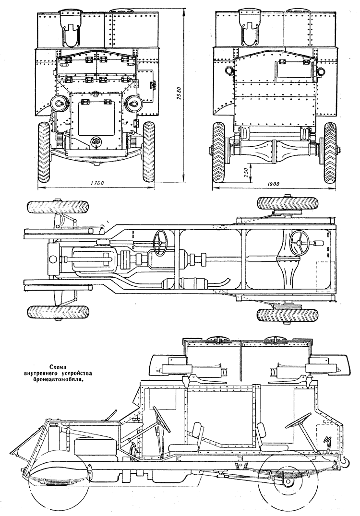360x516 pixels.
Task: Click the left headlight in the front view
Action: [x=58, y=104]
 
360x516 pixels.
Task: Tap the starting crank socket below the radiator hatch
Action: [x=96, y=141]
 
